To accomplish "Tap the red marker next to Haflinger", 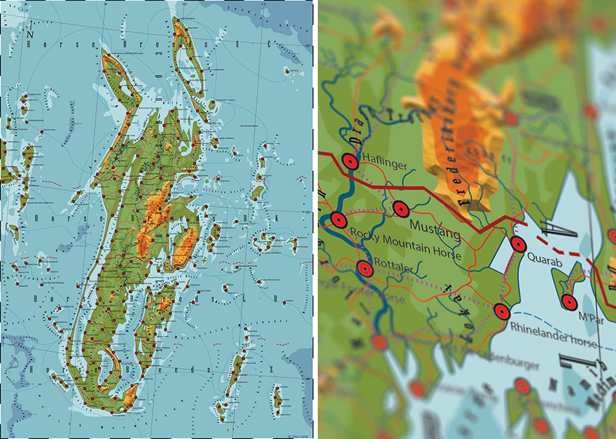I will pyautogui.click(x=351, y=162).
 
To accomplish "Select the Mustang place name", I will pyautogui.click(x=433, y=227).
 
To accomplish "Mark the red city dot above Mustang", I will pyautogui.click(x=400, y=208).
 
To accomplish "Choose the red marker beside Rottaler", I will pyautogui.click(x=364, y=269).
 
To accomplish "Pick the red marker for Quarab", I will pyautogui.click(x=518, y=244).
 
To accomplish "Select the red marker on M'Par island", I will pyautogui.click(x=569, y=303).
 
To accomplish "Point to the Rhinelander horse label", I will pyautogui.click(x=554, y=344).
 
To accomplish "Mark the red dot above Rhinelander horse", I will pyautogui.click(x=501, y=311).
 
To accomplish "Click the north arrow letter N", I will pyautogui.click(x=30, y=32).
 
